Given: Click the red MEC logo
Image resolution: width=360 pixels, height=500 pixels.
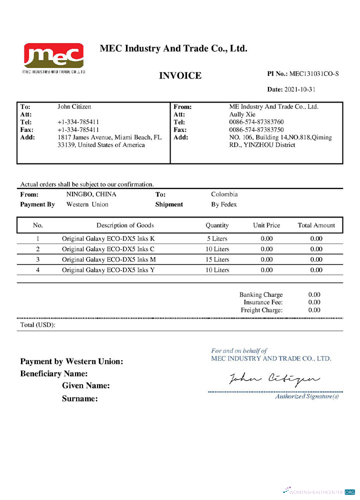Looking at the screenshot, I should (x=53, y=56).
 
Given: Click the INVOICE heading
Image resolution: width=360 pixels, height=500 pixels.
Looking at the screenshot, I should (x=180, y=76).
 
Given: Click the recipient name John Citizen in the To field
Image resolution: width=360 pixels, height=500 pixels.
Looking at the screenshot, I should (x=74, y=106).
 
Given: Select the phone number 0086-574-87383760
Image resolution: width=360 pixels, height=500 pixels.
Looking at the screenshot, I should (x=256, y=122).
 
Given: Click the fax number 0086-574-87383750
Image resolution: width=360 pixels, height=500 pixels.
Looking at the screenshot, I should (x=256, y=130).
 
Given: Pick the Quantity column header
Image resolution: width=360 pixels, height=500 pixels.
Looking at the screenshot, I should (x=217, y=225).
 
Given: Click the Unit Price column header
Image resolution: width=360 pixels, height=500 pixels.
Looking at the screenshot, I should (x=266, y=225).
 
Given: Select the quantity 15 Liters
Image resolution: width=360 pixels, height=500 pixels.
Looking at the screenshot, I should (x=217, y=259).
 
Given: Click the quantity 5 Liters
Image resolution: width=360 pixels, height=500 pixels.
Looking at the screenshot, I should (x=217, y=238).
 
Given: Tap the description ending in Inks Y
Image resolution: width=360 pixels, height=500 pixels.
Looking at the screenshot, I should (x=108, y=270).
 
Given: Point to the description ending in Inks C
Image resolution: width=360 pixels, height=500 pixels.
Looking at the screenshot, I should (x=108, y=249).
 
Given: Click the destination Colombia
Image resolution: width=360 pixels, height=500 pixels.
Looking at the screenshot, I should (x=224, y=194).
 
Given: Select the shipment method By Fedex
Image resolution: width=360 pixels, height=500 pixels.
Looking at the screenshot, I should (x=224, y=204).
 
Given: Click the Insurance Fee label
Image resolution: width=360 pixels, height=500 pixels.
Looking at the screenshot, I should (x=263, y=302).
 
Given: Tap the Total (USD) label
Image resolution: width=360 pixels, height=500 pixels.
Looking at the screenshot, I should (x=37, y=325).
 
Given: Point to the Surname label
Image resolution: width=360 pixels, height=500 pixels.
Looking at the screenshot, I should (x=79, y=399).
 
